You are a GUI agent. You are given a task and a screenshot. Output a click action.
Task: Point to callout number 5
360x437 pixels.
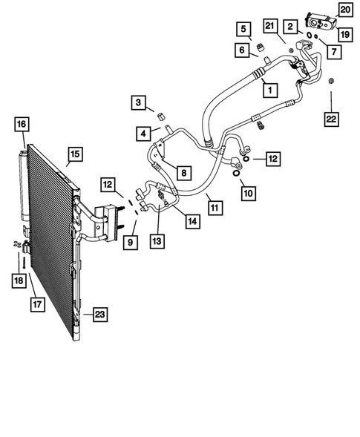243,30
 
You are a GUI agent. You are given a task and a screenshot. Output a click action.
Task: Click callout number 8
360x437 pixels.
184,172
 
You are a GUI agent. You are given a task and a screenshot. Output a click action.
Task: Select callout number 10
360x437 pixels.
246,194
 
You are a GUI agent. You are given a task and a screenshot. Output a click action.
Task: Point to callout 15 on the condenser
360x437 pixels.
75,154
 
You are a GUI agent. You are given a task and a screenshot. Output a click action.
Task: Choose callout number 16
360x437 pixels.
21,124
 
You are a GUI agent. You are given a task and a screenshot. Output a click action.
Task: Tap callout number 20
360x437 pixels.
345,10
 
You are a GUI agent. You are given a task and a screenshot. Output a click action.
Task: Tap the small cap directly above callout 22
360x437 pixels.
331,79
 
